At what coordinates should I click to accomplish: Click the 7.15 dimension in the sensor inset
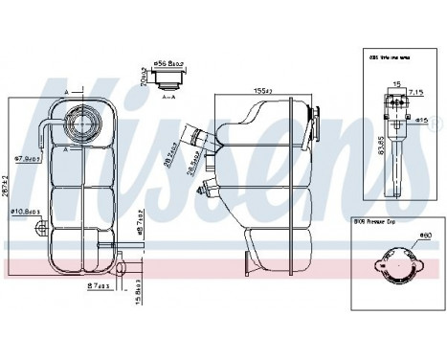coord(415,93)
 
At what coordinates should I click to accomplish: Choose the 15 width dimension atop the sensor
coord(393,84)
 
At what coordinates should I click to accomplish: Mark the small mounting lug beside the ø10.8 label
coord(41,229)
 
